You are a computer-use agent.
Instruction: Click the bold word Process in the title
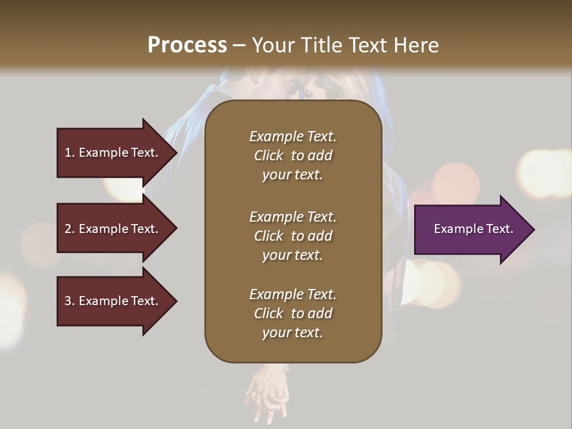(187, 45)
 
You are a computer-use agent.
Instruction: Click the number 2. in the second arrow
(70, 229)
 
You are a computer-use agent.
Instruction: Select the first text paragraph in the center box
(293, 156)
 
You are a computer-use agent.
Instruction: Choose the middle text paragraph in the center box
(293, 236)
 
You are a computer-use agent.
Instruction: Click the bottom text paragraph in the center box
(293, 313)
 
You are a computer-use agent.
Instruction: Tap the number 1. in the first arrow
(70, 153)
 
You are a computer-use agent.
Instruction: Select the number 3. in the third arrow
(70, 301)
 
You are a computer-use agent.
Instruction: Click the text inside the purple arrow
(473, 229)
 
